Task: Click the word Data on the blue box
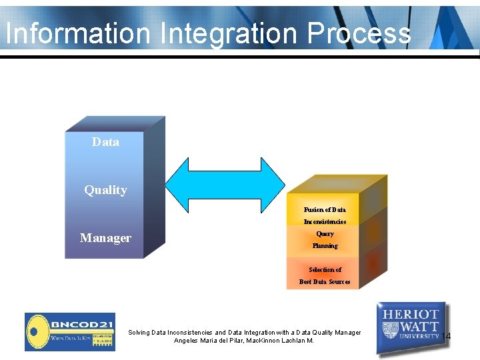point(105,142)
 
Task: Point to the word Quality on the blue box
point(105,190)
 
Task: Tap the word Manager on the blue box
point(105,238)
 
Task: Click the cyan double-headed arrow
point(225,185)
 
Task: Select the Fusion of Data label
point(325,209)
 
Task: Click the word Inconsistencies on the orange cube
point(325,221)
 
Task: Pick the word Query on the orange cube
point(325,234)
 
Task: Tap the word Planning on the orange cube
point(325,246)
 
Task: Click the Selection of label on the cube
point(325,270)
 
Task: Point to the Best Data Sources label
point(325,282)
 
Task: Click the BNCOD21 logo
point(69,331)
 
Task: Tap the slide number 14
point(446,336)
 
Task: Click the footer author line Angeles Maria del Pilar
point(244,341)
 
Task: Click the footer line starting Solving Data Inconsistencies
point(244,332)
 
